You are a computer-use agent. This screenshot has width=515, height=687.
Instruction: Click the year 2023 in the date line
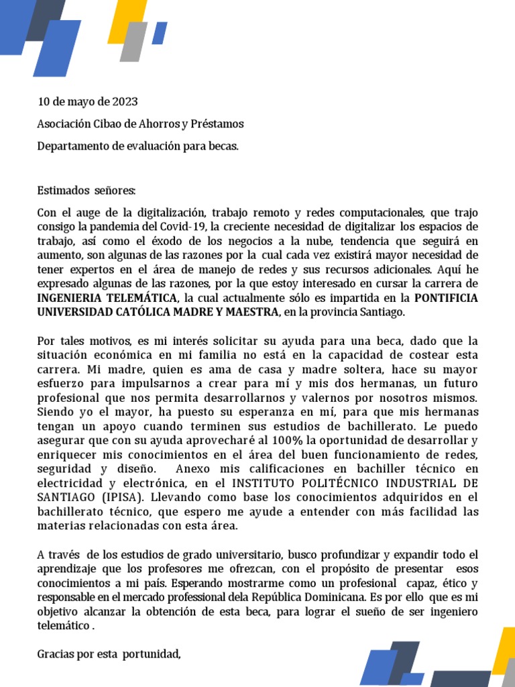pos(125,102)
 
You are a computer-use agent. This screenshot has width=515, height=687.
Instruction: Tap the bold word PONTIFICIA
pos(447,297)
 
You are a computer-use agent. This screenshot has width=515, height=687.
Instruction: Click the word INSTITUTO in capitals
pos(262,483)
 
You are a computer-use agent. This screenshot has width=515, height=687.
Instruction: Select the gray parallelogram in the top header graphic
pos(135,42)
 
